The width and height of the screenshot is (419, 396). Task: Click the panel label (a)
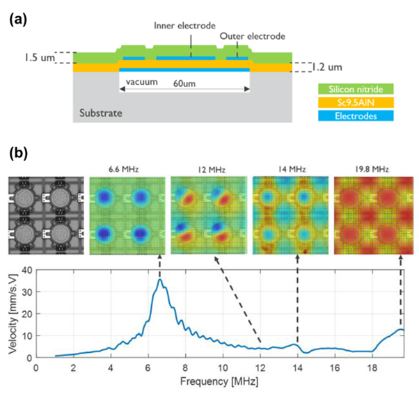17,20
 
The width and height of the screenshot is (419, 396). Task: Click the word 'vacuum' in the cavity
138,83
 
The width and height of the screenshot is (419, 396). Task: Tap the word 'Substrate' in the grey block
102,111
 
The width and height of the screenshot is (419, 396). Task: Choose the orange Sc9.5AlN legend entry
355,103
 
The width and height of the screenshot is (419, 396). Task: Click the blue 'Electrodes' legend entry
355,116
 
